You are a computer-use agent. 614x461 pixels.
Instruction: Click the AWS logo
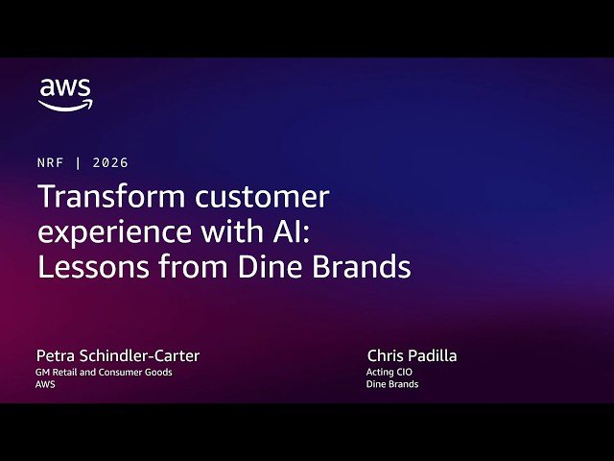[65, 94]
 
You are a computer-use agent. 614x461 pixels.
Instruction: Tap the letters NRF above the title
[50, 163]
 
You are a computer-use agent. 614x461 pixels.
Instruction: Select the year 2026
[111, 163]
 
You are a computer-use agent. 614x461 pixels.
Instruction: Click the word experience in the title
[106, 232]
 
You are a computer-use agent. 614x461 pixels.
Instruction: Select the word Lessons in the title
[89, 266]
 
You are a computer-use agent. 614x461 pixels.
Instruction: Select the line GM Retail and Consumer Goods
[105, 372]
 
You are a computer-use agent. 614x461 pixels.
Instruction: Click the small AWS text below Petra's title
[46, 384]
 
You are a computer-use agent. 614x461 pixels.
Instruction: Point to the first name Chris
[386, 356]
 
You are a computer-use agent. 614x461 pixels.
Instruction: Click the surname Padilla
[433, 356]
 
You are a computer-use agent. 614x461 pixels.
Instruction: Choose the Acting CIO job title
[390, 372]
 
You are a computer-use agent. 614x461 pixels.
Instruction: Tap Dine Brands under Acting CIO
[392, 384]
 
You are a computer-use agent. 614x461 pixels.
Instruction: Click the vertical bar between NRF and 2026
[79, 163]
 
